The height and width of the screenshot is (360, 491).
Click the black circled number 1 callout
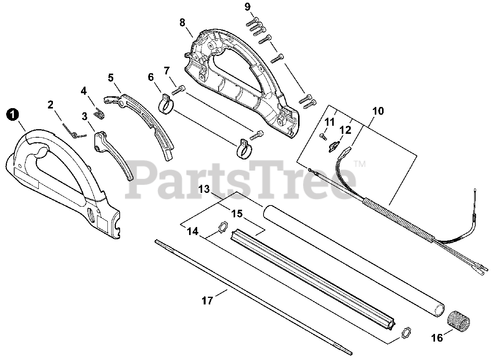coord(13,114)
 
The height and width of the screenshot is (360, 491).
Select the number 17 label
coord(207,301)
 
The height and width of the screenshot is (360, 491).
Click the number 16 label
coord(437,337)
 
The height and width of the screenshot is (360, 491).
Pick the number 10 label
coord(378,111)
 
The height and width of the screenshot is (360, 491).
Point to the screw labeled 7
coord(179,90)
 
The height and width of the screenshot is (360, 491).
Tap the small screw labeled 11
coord(323,135)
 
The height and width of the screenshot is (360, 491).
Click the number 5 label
coord(111,78)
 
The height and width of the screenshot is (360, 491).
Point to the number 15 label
coord(237,214)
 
